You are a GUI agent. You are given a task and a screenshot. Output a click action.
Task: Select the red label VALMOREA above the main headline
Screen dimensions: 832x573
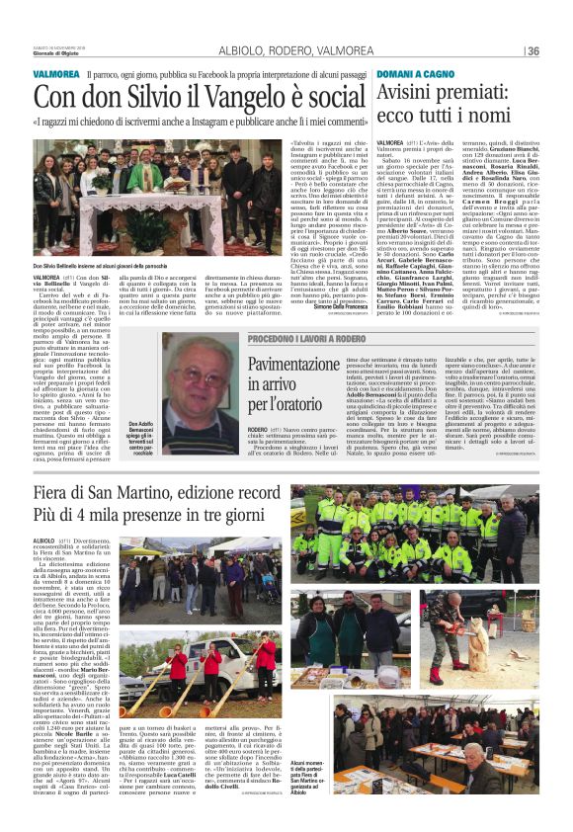(55, 75)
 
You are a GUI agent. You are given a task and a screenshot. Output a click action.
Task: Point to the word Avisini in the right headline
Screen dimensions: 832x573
(409, 93)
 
